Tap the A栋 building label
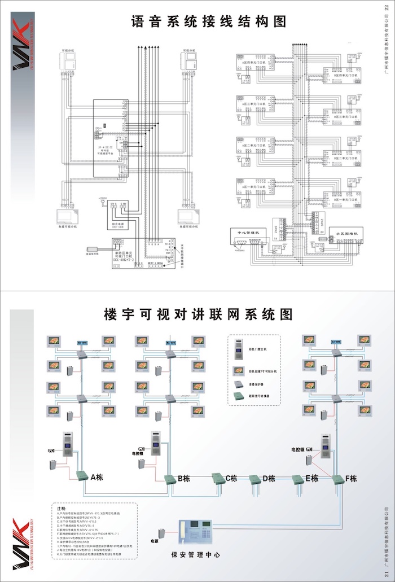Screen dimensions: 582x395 pos(96,476)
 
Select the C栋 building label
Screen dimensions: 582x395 pos(231,479)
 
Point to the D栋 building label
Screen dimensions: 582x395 pos(269,479)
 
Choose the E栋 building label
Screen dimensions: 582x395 pos(311,479)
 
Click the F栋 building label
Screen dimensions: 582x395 pos(350,479)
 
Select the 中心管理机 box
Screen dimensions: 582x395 pos(249,235)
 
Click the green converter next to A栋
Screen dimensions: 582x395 pos(81,475)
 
